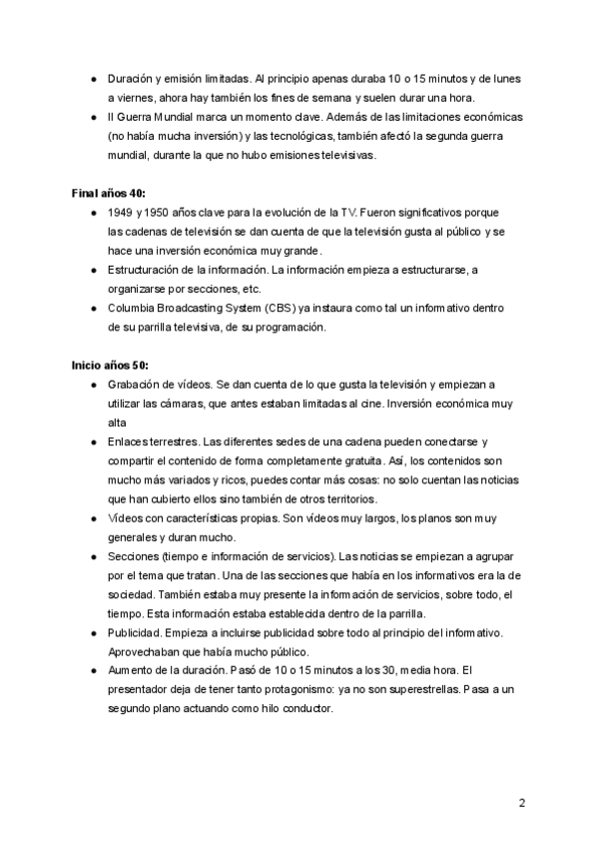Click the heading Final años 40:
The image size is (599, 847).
[x=108, y=192]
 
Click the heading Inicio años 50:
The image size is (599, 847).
[x=110, y=365]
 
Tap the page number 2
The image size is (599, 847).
[x=521, y=802]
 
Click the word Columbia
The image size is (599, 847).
[x=134, y=308]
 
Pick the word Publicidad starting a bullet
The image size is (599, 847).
[x=135, y=633]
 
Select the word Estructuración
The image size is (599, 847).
[x=147, y=270]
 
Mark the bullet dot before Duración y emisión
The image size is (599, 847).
[x=93, y=79]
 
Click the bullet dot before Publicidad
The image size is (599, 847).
[x=93, y=633]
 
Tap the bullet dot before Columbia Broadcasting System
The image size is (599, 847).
[x=93, y=308]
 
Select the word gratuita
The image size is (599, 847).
[x=359, y=459]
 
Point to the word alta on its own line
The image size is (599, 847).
[x=119, y=422]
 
